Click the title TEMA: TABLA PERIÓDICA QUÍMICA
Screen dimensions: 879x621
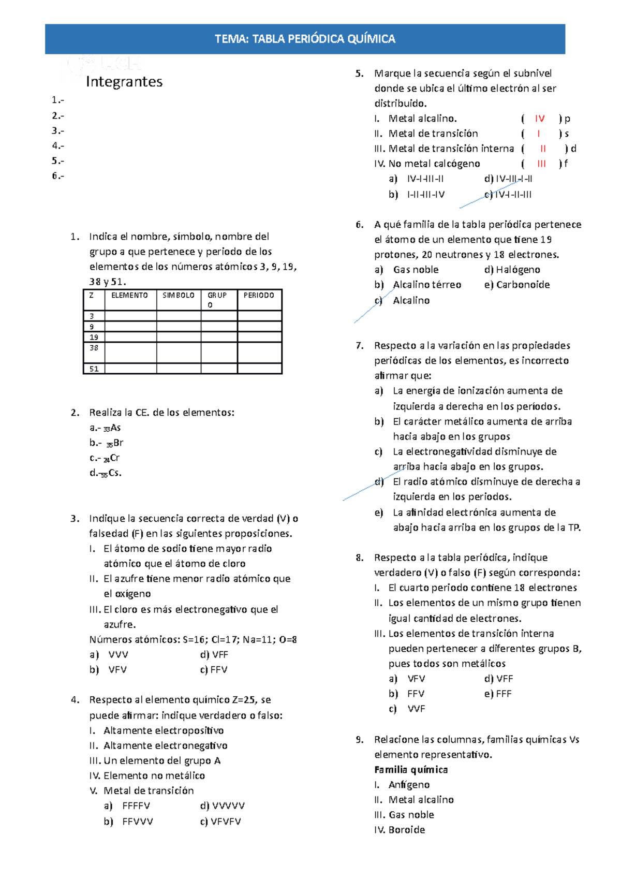coord(305,39)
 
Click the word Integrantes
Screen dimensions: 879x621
coord(124,82)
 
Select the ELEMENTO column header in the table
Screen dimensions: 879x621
coord(129,295)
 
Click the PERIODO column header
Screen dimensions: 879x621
coord(259,295)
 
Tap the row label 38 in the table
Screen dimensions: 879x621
coord(94,348)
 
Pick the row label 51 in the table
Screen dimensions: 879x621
coord(94,369)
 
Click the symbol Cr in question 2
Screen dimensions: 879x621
coord(115,458)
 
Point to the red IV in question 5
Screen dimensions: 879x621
coord(540,119)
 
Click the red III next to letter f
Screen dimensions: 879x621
coord(541,164)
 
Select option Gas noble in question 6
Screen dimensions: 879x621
coord(416,270)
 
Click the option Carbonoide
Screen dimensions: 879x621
coord(523,285)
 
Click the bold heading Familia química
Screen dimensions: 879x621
coord(411,770)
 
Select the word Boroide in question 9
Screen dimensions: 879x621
coord(407,830)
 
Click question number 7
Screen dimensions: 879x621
coord(360,346)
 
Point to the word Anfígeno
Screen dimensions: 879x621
coord(409,785)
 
